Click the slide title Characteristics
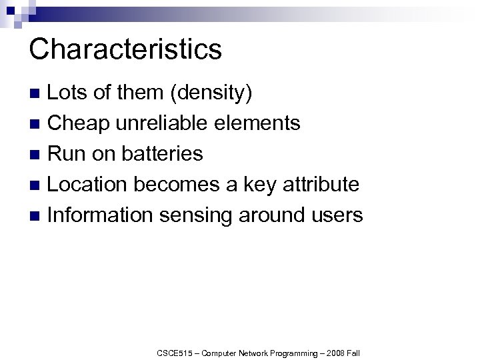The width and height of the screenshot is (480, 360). pos(125,49)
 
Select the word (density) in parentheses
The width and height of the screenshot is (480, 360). pos(211,93)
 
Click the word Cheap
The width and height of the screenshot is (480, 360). pos(79,123)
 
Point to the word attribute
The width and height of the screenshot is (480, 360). pos(318,184)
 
